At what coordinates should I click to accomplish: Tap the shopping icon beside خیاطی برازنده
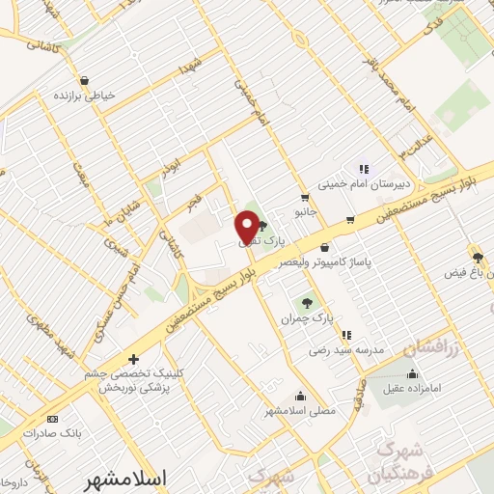[87, 80]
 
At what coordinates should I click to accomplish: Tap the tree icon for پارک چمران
[308, 302]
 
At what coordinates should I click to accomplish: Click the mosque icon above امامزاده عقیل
[413, 374]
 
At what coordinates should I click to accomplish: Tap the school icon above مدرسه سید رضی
[345, 336]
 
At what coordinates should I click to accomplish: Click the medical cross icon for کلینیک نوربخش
[135, 359]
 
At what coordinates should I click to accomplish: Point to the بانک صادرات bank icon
[52, 419]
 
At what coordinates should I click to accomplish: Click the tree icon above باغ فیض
[476, 256]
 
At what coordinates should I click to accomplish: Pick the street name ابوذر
[170, 154]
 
